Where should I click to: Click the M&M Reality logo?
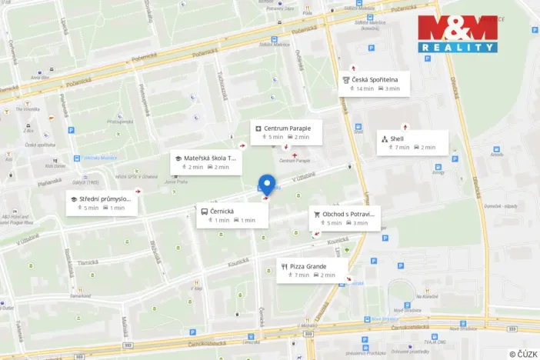click(x=458, y=34)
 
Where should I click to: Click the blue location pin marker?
click(x=267, y=185)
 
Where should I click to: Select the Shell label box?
click(x=412, y=142)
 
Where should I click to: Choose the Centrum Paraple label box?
click(x=286, y=132)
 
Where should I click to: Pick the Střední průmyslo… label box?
click(x=102, y=203)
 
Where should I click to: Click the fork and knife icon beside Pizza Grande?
click(x=285, y=267)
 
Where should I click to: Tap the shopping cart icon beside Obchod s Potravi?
click(x=316, y=214)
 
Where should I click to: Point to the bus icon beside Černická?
click(x=204, y=211)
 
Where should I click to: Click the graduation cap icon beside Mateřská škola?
click(x=178, y=158)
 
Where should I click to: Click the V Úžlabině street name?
click(x=305, y=176)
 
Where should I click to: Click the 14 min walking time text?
click(x=365, y=88)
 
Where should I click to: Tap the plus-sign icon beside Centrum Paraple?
click(x=258, y=128)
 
